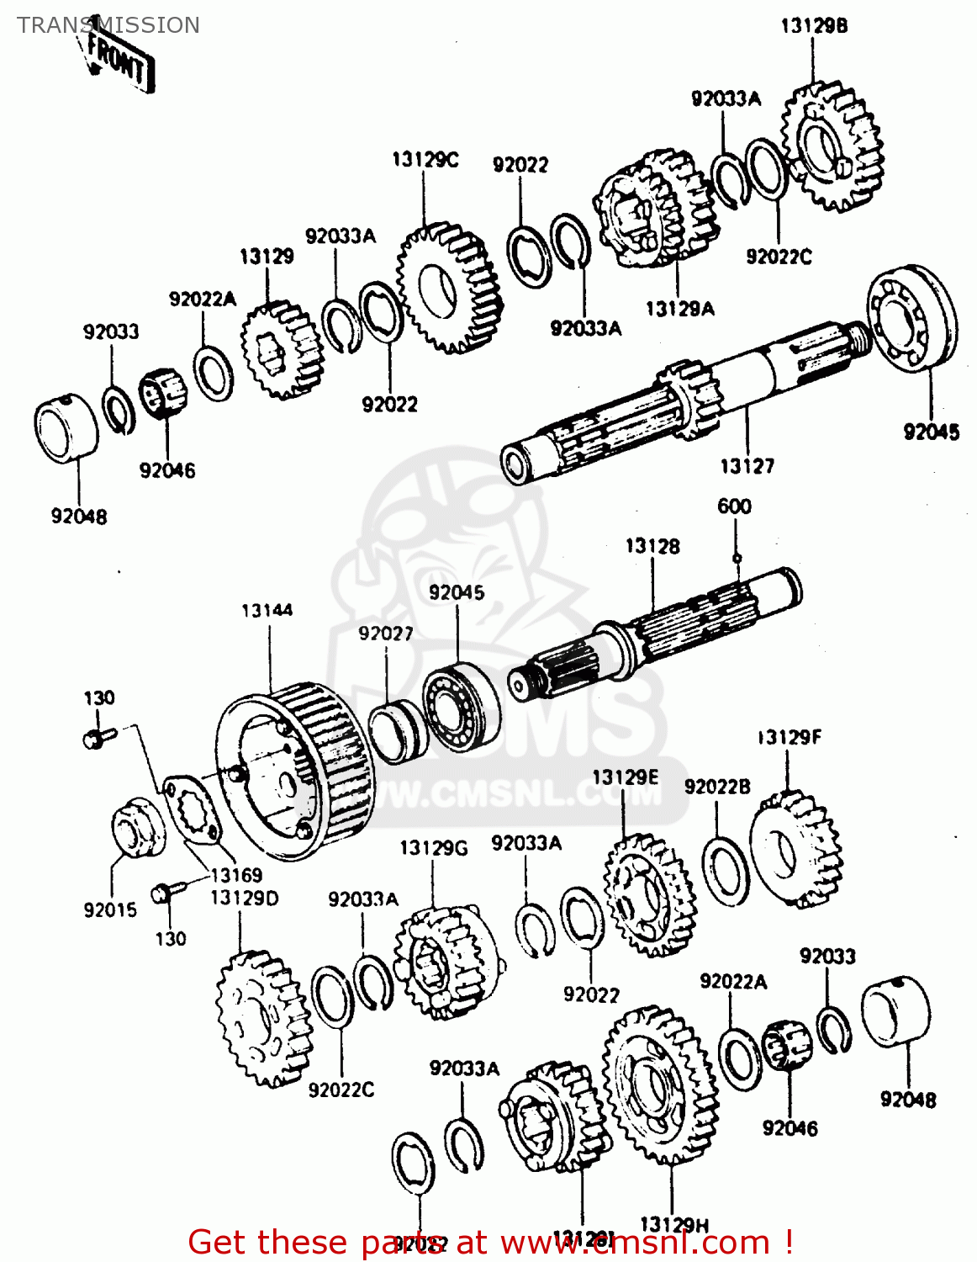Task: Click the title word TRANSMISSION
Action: point(108,25)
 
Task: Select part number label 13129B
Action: point(814,25)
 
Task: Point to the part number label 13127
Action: point(747,465)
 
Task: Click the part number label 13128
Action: point(652,546)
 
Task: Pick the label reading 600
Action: point(734,506)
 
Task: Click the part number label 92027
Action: point(386,633)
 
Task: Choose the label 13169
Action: point(236,875)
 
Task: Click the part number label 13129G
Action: point(433,847)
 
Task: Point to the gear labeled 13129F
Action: point(795,851)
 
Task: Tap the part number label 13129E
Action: point(625,777)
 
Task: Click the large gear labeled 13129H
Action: point(661,1084)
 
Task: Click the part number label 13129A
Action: point(679,309)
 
